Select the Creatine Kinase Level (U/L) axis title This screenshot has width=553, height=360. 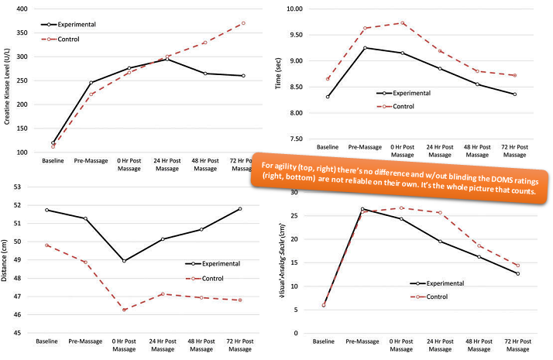pos(6,81)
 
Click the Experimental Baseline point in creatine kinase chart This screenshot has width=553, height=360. pos(53,143)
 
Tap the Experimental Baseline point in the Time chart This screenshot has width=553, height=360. pos(328,97)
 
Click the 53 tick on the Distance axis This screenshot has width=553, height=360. pos(20,187)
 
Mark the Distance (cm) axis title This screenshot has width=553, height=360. pos(6,259)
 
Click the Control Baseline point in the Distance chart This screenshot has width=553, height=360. pos(48,245)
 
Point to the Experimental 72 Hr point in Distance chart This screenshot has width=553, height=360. pos(239,209)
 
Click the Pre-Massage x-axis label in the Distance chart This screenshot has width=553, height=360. pos(86,341)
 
